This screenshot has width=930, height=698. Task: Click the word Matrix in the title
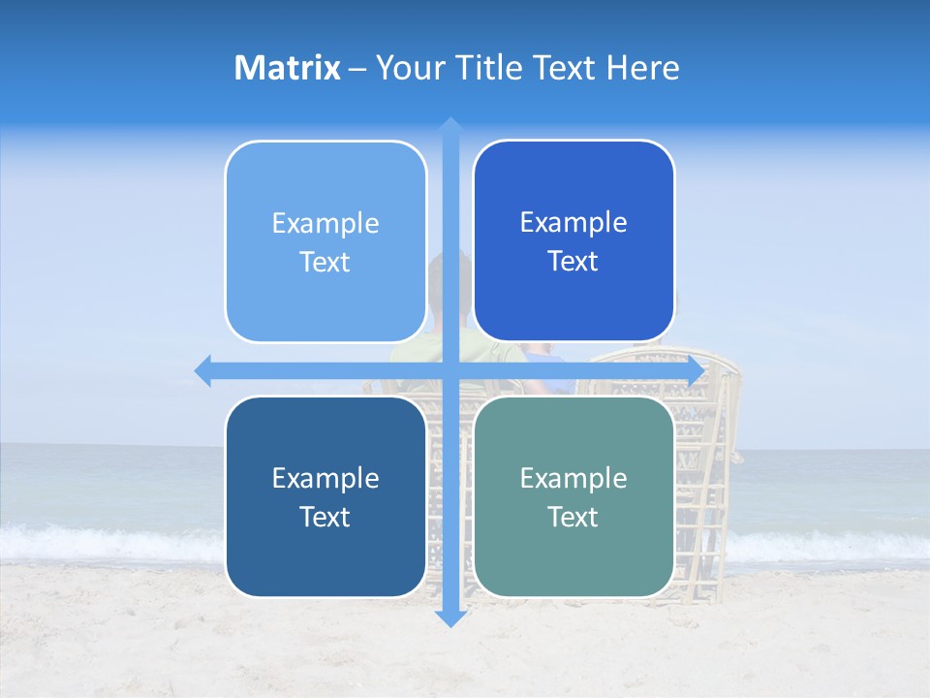[288, 68]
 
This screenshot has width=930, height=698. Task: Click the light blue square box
[325, 241]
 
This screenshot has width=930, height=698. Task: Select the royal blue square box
[573, 240]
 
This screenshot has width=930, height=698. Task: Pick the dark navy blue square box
[325, 496]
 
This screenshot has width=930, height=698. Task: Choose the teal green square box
[573, 496]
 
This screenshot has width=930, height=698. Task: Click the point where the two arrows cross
[449, 371]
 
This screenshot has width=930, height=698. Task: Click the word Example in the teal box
[573, 478]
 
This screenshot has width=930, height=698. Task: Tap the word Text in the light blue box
[325, 262]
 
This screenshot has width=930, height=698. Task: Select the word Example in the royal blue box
[573, 223]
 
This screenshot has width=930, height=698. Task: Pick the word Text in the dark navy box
[325, 517]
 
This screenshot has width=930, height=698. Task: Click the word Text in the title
[562, 68]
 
